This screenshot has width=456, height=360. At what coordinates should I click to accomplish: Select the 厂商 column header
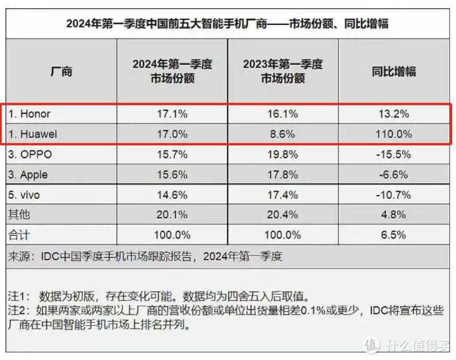tap(61, 71)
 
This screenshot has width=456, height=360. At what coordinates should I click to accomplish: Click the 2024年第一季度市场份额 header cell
tap(172, 71)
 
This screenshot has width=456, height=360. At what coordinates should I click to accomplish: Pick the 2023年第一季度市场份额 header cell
tap(283, 71)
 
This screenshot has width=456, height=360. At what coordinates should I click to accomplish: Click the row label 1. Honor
tap(30, 114)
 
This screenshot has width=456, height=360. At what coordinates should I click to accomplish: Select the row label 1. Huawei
tap(32, 134)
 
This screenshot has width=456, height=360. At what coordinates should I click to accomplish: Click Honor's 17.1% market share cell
tap(172, 114)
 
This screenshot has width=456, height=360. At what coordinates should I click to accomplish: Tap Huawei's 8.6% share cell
tap(283, 134)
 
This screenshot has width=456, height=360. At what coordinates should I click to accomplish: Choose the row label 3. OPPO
tap(31, 155)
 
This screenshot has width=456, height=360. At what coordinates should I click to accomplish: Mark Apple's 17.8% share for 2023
tap(283, 175)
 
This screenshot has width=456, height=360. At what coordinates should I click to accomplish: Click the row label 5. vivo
tap(25, 195)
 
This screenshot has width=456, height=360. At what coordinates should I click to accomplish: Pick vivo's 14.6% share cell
tap(172, 195)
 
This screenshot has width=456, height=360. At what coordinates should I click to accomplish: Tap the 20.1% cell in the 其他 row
tap(172, 215)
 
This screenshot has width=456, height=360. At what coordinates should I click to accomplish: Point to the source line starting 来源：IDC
tap(146, 256)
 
